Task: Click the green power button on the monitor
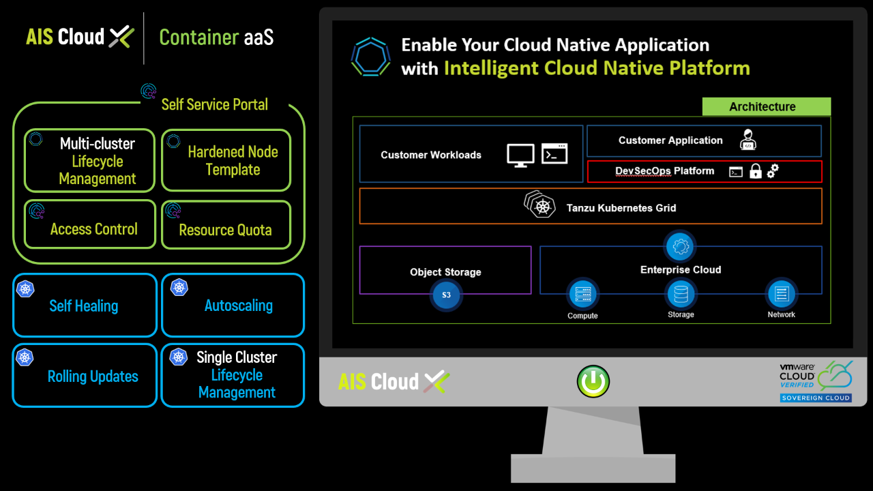pyautogui.click(x=593, y=382)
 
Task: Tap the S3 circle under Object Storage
pyautogui.click(x=446, y=295)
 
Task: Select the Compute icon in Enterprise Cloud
pyautogui.click(x=582, y=295)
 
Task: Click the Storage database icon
pyautogui.click(x=681, y=295)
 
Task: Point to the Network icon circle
pyautogui.click(x=781, y=295)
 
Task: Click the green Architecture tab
pyautogui.click(x=766, y=107)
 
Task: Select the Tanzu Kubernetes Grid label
pyautogui.click(x=621, y=207)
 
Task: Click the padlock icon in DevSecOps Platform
pyautogui.click(x=755, y=172)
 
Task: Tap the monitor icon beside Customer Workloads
pyautogui.click(x=520, y=155)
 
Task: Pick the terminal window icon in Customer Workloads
pyautogui.click(x=554, y=153)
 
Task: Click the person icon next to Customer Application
pyautogui.click(x=748, y=140)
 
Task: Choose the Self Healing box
pyautogui.click(x=85, y=306)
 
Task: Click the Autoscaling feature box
pyautogui.click(x=233, y=306)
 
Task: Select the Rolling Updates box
pyautogui.click(x=85, y=376)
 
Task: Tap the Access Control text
pyautogui.click(x=94, y=229)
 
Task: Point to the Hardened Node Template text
pyautogui.click(x=233, y=161)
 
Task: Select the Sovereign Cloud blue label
pyautogui.click(x=816, y=398)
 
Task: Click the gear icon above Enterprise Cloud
pyautogui.click(x=681, y=246)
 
